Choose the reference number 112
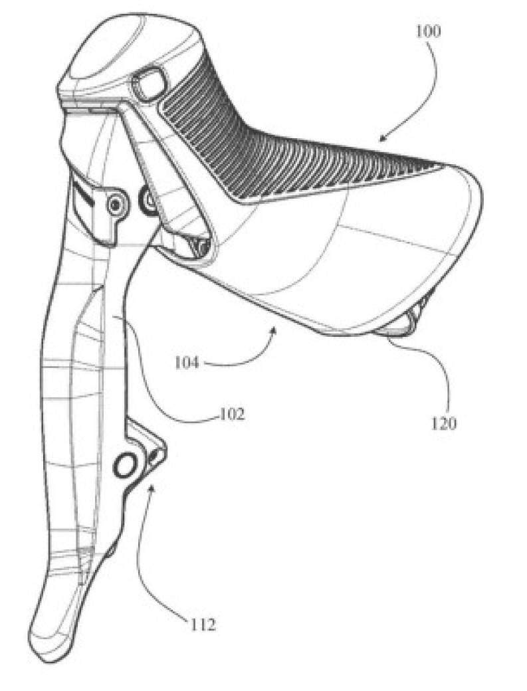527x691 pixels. pyautogui.click(x=201, y=625)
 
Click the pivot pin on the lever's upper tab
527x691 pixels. pyautogui.click(x=118, y=204)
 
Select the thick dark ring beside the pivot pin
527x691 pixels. pyautogui.click(x=147, y=199)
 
